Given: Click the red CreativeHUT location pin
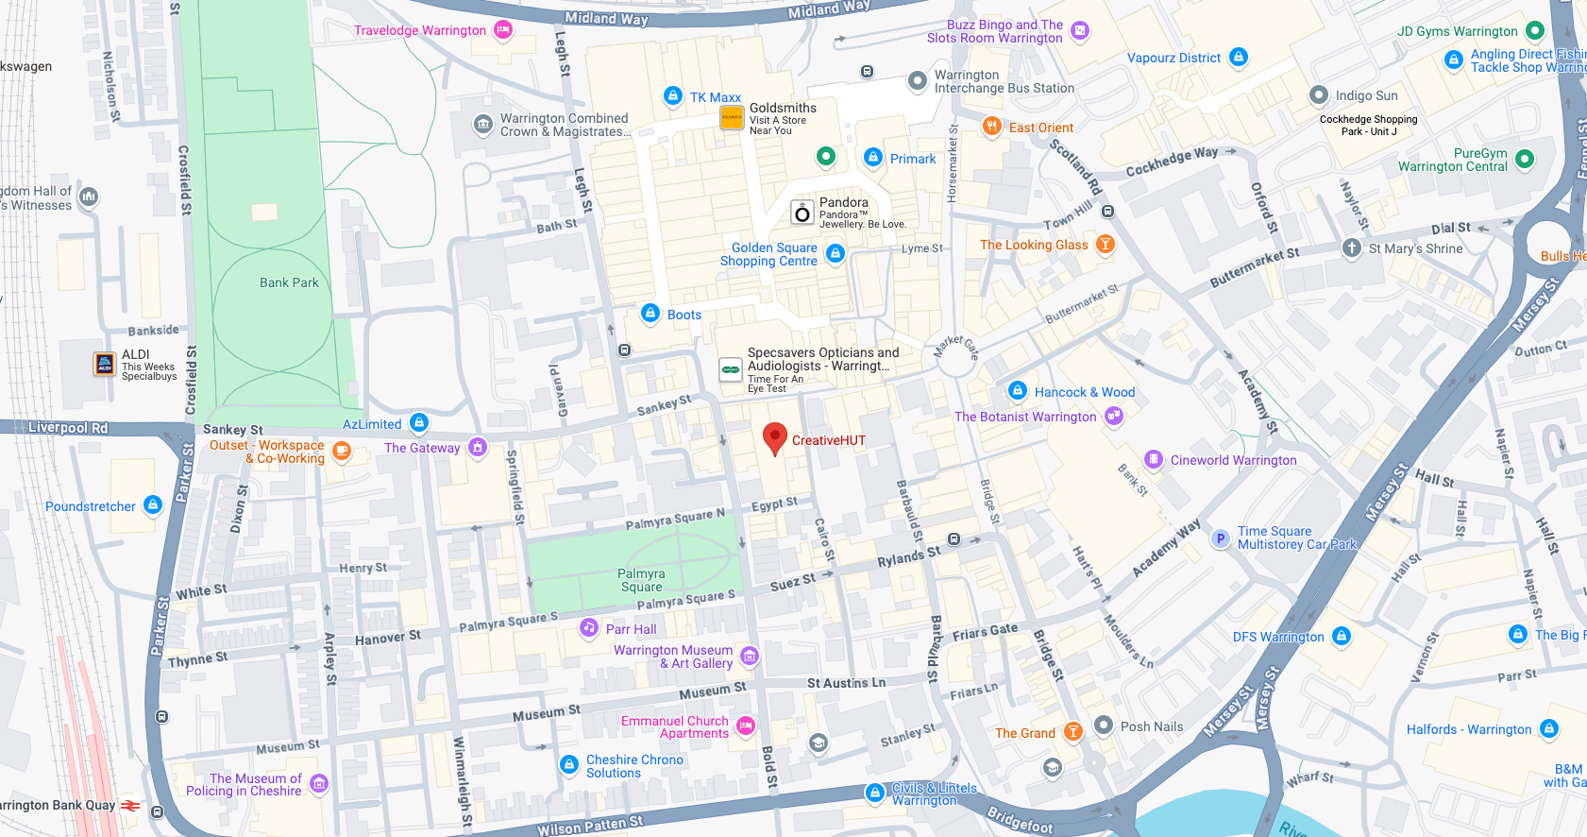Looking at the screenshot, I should click(774, 437).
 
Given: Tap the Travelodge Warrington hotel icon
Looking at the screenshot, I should click(503, 30).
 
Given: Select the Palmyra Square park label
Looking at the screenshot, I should click(641, 580).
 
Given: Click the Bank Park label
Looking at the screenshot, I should click(289, 282).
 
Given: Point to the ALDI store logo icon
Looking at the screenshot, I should click(105, 364).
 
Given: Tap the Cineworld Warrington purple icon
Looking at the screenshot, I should click(1154, 460).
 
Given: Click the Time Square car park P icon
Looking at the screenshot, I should click(1221, 538).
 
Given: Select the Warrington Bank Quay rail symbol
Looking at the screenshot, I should click(131, 806).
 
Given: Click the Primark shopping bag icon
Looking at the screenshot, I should click(873, 158).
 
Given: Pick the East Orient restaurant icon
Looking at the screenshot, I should click(991, 127).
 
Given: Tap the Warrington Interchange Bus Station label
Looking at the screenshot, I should click(1004, 81).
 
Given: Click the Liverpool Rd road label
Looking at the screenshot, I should click(68, 427).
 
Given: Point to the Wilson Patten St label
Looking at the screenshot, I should click(590, 826).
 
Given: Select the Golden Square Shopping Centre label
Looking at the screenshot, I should click(768, 254).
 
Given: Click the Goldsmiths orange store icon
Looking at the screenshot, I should click(732, 117).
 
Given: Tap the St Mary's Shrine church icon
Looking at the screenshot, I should click(1352, 248).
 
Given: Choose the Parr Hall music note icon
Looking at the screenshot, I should click(589, 628).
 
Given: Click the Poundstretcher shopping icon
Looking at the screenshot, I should click(153, 505).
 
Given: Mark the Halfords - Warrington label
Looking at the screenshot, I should click(1468, 729).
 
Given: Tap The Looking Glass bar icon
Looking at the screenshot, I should click(1106, 244).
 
